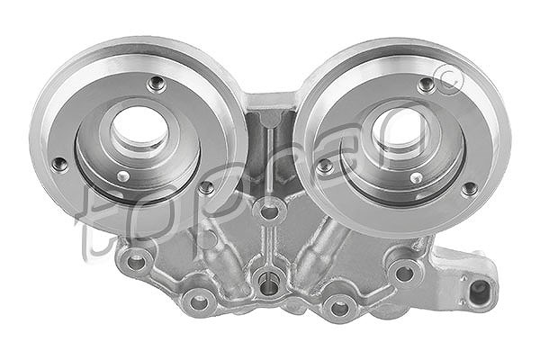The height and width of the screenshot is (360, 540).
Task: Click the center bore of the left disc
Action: (139, 128)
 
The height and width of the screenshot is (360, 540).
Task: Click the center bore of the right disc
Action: (400, 130)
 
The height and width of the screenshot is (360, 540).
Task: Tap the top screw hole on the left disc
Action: (157, 84)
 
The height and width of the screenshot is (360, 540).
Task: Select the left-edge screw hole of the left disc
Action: (60, 165)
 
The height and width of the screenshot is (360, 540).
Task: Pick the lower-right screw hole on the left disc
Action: (207, 187)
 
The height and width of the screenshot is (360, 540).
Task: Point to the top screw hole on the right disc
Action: (427, 85)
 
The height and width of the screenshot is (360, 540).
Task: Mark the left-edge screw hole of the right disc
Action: (324, 166)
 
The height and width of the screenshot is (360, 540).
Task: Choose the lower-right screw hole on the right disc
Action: (470, 189)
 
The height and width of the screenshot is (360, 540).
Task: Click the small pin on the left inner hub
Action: (123, 176)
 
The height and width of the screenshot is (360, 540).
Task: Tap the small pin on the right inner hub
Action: (417, 178)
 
